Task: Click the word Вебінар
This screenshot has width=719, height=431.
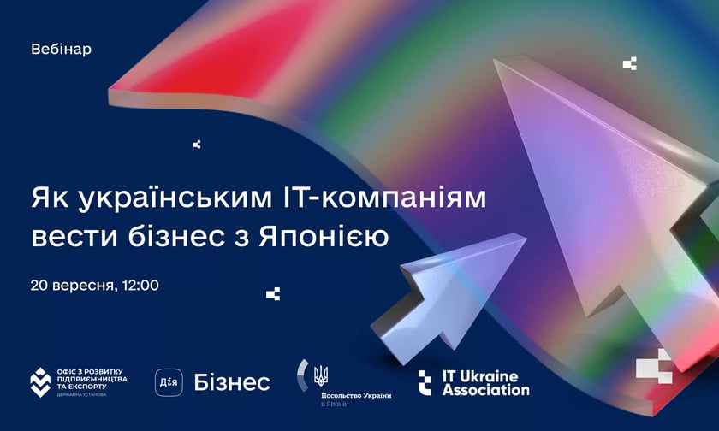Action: coord(61,50)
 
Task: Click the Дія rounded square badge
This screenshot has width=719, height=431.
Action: coord(169,381)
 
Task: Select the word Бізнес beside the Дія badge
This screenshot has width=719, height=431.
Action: coord(232,381)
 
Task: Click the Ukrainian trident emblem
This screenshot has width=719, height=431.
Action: coord(321,375)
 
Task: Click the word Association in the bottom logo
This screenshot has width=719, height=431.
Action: coord(485,390)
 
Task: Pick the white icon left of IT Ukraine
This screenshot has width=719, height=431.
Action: coord(425,382)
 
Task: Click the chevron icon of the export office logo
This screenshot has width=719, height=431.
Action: coord(39,381)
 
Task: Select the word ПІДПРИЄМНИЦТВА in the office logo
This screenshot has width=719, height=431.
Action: coord(92,377)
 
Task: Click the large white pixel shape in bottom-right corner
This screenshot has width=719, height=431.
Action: coord(655,368)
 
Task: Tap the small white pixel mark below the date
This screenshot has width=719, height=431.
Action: coord(273,294)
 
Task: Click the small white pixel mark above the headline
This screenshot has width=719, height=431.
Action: coord(197,145)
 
